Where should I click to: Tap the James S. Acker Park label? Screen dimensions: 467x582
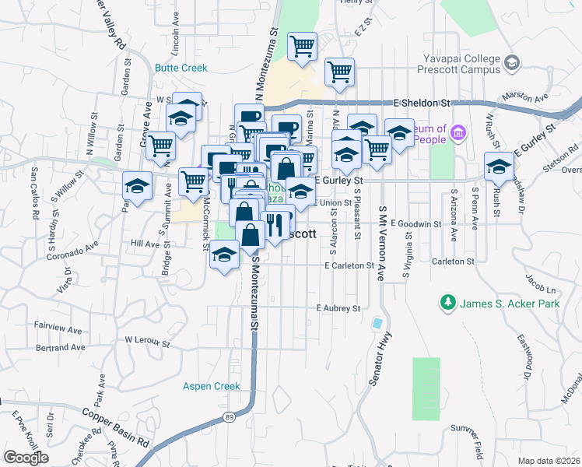(x=510, y=303)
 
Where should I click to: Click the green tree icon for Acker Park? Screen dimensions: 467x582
(x=448, y=301)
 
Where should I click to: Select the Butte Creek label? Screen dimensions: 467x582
(x=181, y=68)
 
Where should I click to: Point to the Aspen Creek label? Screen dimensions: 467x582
(x=212, y=386)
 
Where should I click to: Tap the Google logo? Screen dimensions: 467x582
(x=25, y=458)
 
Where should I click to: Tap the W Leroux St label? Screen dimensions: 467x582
(x=147, y=341)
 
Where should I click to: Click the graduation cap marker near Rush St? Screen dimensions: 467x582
(x=499, y=166)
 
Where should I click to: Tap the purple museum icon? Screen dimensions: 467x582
(x=458, y=134)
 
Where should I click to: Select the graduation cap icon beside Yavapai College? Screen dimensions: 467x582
(x=511, y=62)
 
